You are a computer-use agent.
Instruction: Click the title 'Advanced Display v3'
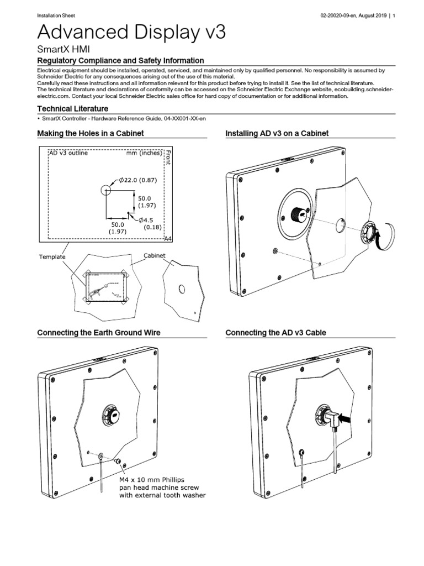click(131, 32)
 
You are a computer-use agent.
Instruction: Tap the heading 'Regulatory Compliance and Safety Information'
click(120, 60)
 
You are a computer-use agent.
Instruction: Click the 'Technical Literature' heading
click(72, 108)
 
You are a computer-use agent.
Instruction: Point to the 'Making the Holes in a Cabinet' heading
click(90, 133)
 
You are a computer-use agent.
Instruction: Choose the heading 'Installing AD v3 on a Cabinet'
click(277, 133)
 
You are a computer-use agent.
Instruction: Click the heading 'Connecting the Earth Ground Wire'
click(98, 333)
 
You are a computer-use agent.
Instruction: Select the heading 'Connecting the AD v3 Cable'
click(275, 333)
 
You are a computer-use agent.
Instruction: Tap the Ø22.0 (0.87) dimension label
click(138, 180)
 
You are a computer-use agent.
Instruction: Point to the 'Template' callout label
click(52, 257)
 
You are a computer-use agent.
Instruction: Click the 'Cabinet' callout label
click(155, 255)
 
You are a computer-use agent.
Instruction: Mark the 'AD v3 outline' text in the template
click(68, 153)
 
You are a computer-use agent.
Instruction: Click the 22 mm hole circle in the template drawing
click(106, 190)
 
